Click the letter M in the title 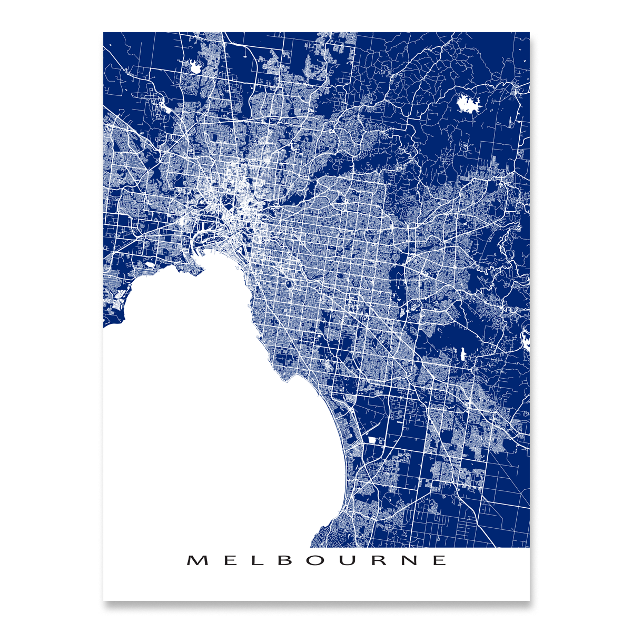coord(196,560)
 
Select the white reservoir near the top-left coord(195,66)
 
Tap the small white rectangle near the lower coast coord(372,440)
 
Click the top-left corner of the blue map coord(104,33)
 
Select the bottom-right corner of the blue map coord(529,547)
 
